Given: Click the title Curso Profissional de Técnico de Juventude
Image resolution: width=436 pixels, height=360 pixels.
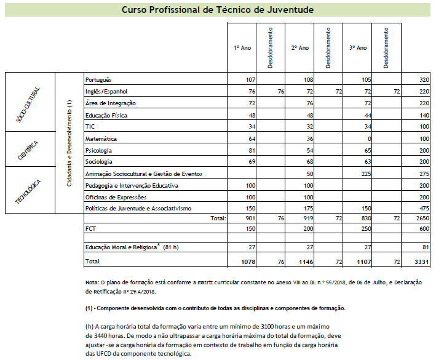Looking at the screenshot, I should [x=218, y=10].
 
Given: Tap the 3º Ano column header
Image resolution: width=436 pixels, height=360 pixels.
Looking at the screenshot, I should [x=357, y=48].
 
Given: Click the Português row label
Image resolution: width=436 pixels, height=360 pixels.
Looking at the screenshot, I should [x=98, y=80].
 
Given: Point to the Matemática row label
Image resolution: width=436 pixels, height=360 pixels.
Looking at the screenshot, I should [x=100, y=139].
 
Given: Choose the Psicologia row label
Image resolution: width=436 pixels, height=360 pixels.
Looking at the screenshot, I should [x=99, y=150].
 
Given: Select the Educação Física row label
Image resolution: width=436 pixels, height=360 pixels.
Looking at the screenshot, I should [x=105, y=115].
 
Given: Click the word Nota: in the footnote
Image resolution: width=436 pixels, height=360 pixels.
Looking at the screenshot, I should [x=93, y=282].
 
